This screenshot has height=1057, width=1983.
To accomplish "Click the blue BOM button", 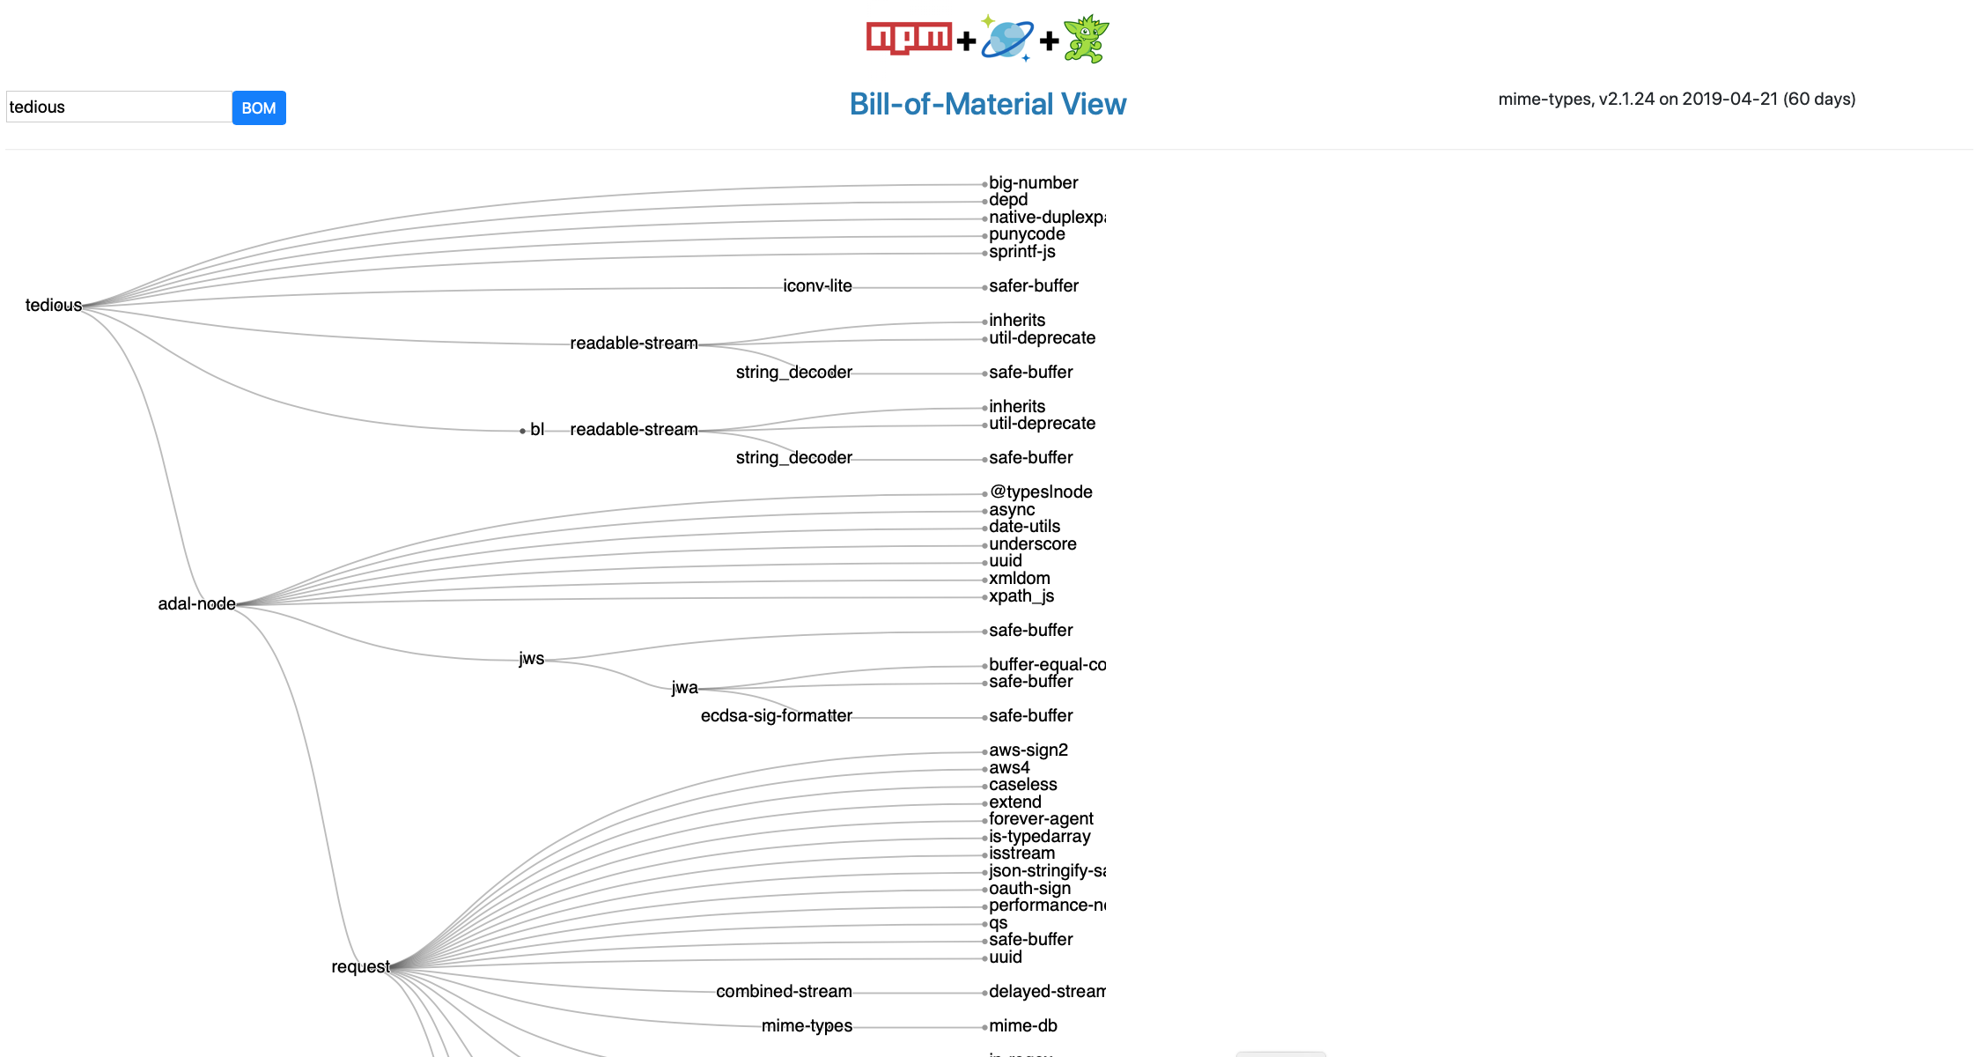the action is [x=259, y=107].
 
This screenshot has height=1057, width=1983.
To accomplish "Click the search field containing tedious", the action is [x=119, y=107].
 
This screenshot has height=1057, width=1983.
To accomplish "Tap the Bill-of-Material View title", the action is [x=987, y=104].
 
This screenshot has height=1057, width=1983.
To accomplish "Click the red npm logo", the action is [x=908, y=38].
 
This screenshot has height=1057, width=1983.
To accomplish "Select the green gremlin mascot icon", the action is [x=1086, y=39].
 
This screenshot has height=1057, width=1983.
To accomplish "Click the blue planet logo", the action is [x=1006, y=40].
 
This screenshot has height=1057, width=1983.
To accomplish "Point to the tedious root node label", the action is [x=53, y=305].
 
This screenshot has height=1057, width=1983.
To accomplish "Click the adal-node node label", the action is [x=196, y=603].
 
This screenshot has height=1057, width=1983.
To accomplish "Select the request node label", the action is [x=360, y=966].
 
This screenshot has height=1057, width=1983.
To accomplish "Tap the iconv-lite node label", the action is [x=817, y=285].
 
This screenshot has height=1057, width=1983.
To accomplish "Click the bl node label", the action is [x=537, y=429].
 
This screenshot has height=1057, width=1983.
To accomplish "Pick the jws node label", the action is [x=531, y=658].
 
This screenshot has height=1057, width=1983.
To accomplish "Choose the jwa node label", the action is [x=684, y=687].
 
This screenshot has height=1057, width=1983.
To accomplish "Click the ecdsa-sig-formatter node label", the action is [x=776, y=715].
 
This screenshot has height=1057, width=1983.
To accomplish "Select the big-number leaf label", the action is [x=1033, y=182].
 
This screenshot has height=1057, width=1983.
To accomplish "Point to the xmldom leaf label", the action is [x=1019, y=578].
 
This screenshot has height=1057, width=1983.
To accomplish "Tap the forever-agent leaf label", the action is [x=1041, y=818].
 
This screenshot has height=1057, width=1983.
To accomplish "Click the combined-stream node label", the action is [x=784, y=991].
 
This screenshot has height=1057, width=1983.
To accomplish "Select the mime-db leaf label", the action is [x=1022, y=1025].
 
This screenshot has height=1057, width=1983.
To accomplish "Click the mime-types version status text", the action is [x=1676, y=99].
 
